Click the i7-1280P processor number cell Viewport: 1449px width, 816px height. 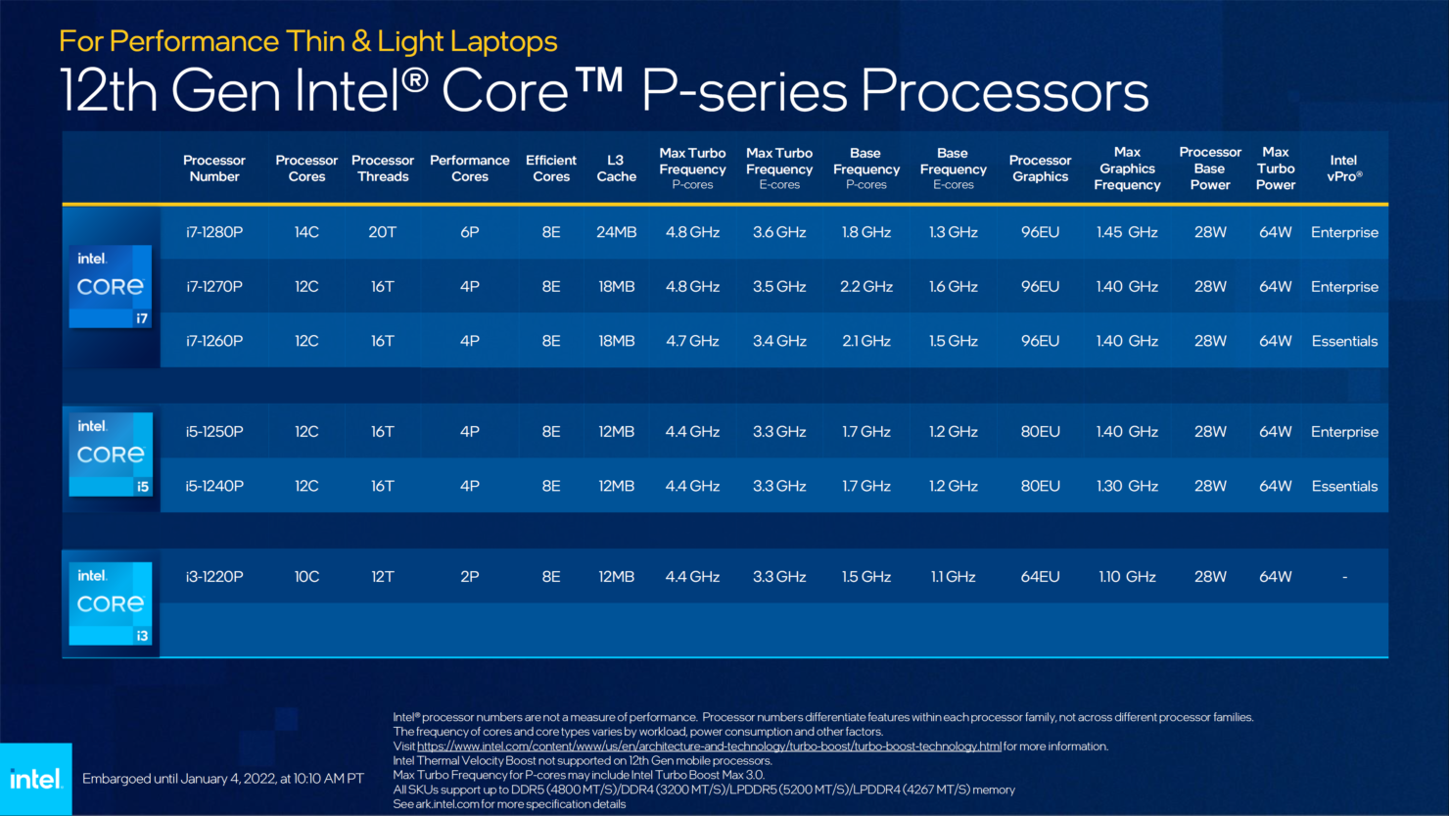[x=214, y=232]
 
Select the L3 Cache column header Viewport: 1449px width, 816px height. [x=616, y=168]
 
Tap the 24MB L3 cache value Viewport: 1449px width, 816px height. [x=616, y=232]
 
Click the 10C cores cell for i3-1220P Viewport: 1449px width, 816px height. [x=306, y=577]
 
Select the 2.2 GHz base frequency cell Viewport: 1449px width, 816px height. [x=865, y=287]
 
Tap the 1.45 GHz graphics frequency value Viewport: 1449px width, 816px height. [x=1127, y=232]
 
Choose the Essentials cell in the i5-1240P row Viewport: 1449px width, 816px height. [x=1344, y=486]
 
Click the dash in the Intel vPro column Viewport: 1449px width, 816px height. [x=1344, y=577]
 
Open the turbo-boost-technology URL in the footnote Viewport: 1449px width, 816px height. [x=709, y=746]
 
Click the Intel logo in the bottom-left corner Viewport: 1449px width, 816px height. [x=36, y=780]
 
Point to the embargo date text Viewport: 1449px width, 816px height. [x=223, y=779]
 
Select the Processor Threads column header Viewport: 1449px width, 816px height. [x=383, y=168]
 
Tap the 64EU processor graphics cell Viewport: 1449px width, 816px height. [x=1040, y=577]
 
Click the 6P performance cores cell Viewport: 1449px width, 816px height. [x=469, y=232]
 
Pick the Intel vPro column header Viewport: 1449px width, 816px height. [x=1343, y=168]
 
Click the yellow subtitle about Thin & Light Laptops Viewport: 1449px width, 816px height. [x=307, y=41]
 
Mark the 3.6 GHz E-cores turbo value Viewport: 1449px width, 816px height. [x=779, y=232]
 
